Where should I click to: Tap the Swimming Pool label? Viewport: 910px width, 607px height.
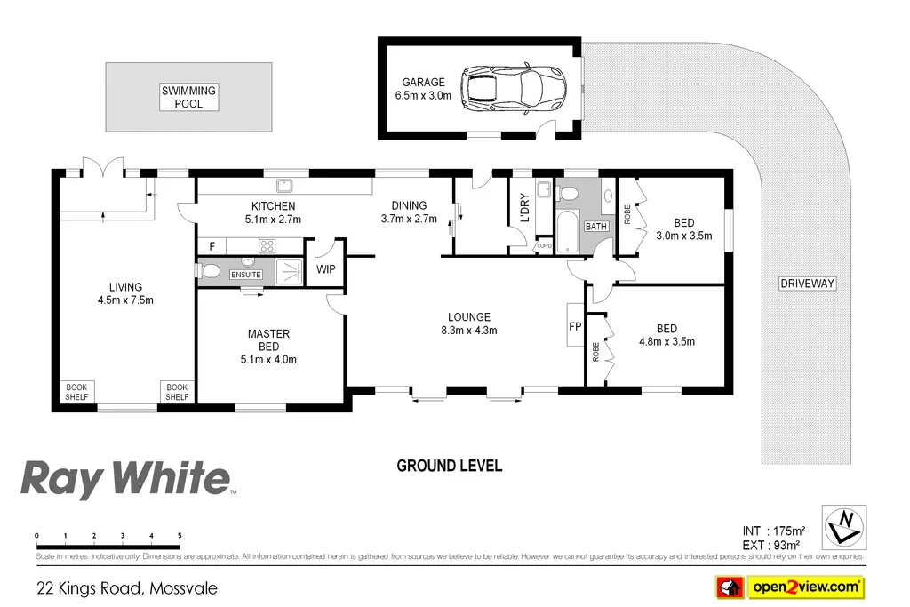(188, 97)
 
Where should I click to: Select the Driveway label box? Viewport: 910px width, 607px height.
(807, 284)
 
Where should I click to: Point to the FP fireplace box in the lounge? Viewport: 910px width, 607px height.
(575, 326)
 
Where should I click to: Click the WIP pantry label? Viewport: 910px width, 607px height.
(326, 268)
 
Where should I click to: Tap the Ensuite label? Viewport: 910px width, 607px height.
(246, 275)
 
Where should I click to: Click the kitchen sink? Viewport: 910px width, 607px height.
(285, 186)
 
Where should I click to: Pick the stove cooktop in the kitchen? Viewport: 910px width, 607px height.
(266, 246)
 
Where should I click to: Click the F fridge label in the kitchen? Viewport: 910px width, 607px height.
(212, 246)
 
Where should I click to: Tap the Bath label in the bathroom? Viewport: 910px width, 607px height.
(595, 227)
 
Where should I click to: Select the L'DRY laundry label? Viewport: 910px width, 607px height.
(523, 207)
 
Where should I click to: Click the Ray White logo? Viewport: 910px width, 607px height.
(125, 478)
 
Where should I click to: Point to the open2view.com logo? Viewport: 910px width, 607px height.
(790, 587)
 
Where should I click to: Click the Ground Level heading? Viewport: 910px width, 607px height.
(449, 466)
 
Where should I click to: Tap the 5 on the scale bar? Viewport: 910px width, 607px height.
(180, 536)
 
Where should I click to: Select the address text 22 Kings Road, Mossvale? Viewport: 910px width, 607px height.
(126, 587)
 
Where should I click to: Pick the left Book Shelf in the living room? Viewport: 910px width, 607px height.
(77, 392)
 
